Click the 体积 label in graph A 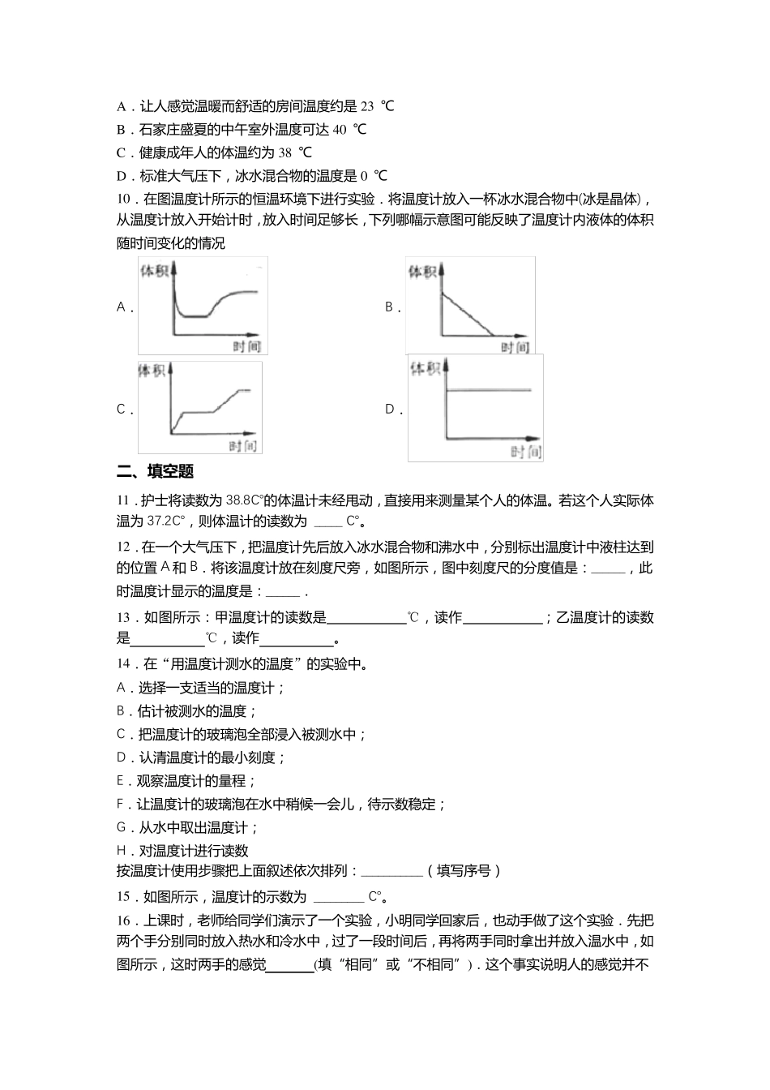click(x=154, y=271)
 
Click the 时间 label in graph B click(x=514, y=346)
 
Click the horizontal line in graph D click(x=489, y=390)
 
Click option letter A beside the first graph click(x=122, y=307)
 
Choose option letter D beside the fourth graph click(x=391, y=410)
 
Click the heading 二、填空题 click(x=155, y=471)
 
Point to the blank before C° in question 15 click(x=338, y=897)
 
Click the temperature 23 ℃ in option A click(x=376, y=105)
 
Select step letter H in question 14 click(x=122, y=851)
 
